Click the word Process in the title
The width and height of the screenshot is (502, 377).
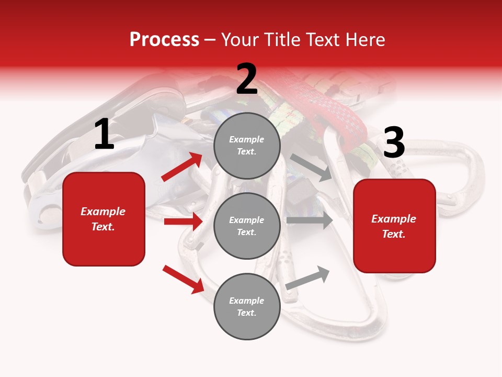tap(164, 40)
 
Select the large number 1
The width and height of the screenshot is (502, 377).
tap(104, 135)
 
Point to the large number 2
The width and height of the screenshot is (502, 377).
tap(247, 80)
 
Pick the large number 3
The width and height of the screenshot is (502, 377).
tap(394, 143)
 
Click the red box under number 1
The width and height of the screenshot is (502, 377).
tap(104, 219)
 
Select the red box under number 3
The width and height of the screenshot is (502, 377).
tap(394, 226)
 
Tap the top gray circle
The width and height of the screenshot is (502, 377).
tap(247, 146)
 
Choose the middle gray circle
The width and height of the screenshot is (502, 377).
tap(247, 226)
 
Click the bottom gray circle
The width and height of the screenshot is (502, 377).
tap(247, 306)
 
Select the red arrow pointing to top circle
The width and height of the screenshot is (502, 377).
tap(181, 167)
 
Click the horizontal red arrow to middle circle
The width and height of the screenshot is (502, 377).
tap(183, 221)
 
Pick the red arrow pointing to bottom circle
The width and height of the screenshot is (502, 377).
tap(182, 279)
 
